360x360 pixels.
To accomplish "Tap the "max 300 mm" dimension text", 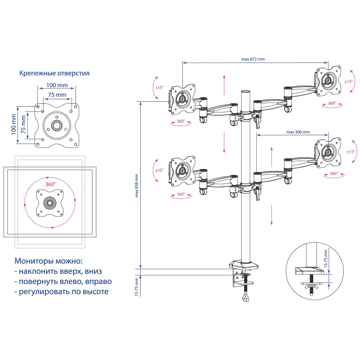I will (298, 132).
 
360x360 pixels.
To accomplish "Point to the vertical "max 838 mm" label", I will (137, 186).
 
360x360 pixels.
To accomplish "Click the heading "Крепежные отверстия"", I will (54, 73).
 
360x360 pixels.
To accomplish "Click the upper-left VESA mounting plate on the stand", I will (183, 99).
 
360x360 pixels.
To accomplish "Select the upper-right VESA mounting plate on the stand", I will (328, 81).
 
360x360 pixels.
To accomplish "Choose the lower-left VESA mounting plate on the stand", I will (183, 171).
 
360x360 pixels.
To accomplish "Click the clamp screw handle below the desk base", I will (246, 297).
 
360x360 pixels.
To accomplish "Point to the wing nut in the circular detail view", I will (310, 287).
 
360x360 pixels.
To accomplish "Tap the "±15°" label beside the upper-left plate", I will (159, 87).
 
